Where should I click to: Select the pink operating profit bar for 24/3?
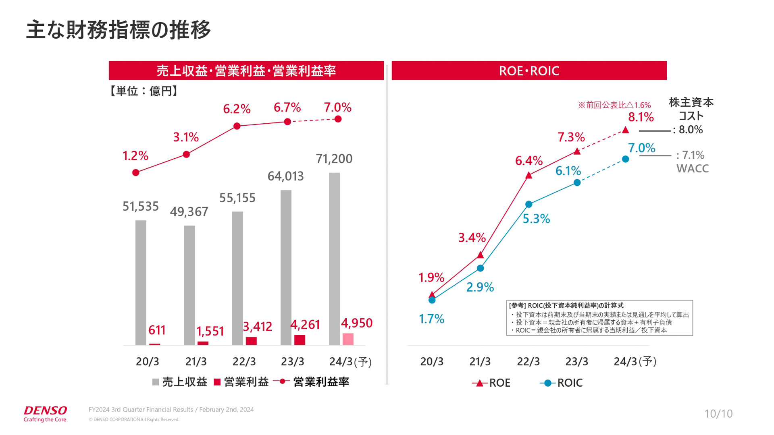348,339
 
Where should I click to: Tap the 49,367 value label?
189,212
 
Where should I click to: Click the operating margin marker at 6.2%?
237,126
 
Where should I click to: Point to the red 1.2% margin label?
135,156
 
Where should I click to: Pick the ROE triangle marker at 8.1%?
625,130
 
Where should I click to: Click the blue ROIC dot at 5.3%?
529,205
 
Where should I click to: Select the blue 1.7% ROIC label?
431,319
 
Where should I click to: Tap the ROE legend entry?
491,383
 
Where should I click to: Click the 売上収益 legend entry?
180,382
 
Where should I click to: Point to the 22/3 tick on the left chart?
244,362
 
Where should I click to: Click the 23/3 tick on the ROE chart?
577,362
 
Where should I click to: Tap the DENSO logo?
45,414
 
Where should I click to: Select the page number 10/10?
718,414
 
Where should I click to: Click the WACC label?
693,169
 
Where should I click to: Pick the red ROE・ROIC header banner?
529,71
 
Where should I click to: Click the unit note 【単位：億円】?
144,91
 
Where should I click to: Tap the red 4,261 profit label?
305,325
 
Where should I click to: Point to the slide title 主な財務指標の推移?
118,30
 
